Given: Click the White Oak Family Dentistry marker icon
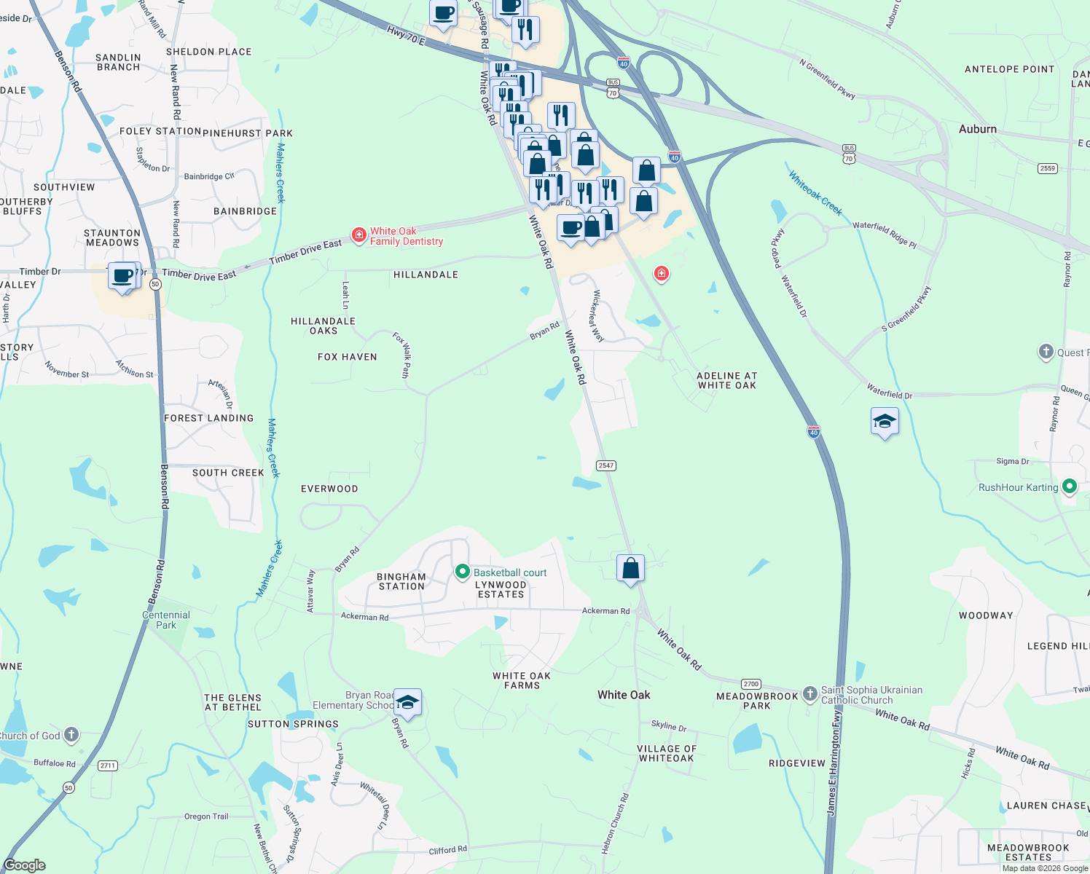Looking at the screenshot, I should [358, 235].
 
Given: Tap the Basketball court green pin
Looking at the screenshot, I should [462, 572].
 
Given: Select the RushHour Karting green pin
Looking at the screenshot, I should [1070, 486].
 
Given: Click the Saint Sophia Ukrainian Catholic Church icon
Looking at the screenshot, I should [809, 694].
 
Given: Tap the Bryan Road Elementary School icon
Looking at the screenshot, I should [407, 703].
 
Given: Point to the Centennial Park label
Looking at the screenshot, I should [166, 620].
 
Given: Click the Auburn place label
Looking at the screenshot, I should [977, 129].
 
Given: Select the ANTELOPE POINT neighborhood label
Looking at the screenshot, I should [1009, 69].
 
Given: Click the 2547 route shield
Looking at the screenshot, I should [606, 465].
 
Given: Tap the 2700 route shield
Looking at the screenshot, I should [751, 684].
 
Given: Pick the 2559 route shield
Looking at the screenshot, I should [1048, 168].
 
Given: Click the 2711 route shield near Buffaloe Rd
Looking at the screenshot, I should [108, 765].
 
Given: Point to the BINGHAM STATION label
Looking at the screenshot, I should [401, 581].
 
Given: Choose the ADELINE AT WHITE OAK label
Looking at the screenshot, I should [726, 380].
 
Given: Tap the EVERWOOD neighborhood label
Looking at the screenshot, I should [329, 489].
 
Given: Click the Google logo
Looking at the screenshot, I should [25, 865].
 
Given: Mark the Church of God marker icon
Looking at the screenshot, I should [71, 735].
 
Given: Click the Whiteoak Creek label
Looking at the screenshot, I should [815, 194].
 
